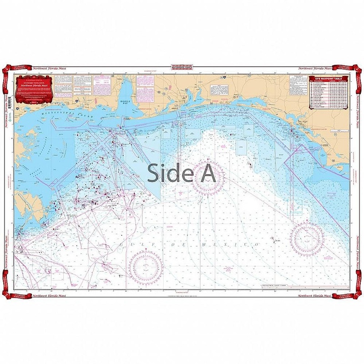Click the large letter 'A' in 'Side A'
click(207, 173)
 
